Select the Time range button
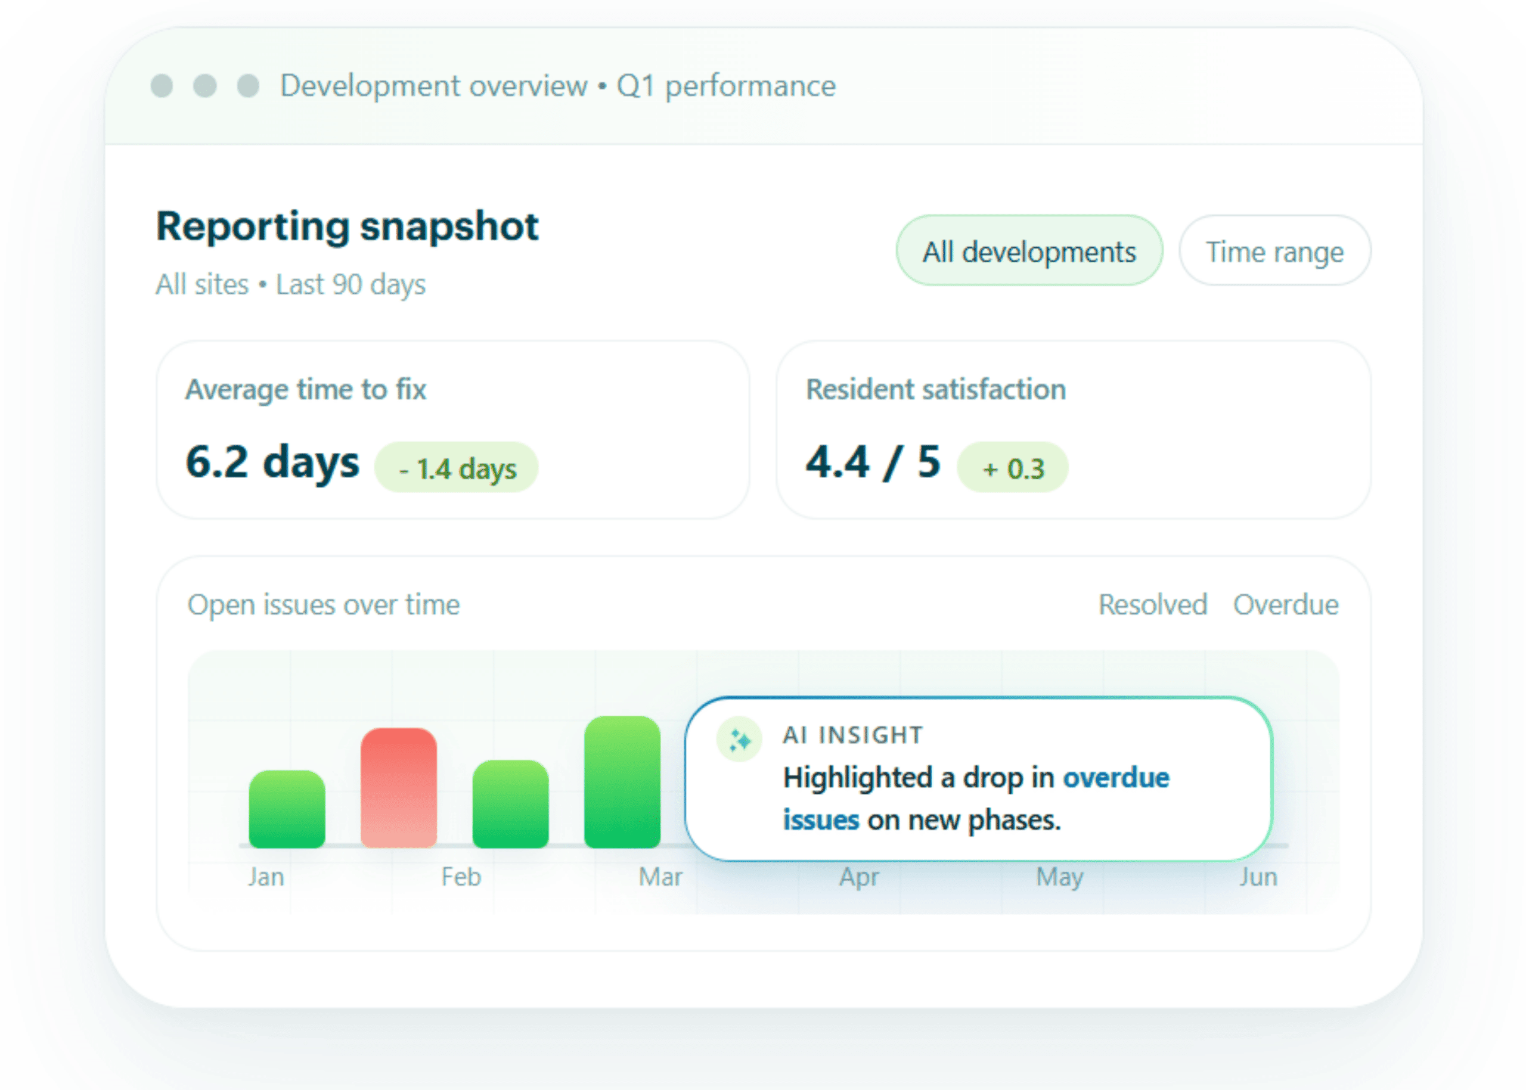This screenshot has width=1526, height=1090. point(1274,250)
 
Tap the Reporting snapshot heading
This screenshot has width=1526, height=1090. point(346,226)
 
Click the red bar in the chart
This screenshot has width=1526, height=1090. point(398,787)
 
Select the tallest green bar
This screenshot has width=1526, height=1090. point(622,782)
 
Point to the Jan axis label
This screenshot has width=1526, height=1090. point(266,877)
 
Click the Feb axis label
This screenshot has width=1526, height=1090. point(461,877)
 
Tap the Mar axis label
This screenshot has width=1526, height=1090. point(660,877)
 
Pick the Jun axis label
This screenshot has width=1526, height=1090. point(1257,877)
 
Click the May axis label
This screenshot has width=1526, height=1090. point(1059,877)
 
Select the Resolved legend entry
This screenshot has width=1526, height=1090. point(1152,605)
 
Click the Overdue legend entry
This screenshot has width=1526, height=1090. point(1285,605)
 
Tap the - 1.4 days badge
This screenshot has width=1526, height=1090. point(457,468)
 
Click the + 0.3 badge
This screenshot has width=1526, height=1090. point(1012,468)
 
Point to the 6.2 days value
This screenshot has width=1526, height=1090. point(272,462)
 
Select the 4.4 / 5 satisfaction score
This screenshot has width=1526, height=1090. point(872,462)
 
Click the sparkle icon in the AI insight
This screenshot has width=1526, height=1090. point(739,740)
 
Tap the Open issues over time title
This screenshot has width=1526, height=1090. point(324,605)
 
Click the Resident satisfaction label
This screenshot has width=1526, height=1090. point(935,389)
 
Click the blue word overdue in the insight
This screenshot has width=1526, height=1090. point(1115,777)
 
